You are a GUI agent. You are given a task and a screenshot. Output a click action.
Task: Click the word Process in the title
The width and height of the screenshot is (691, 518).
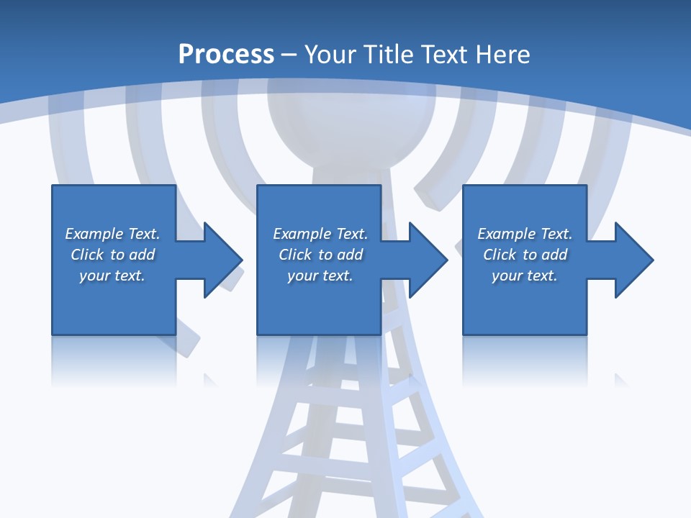point(226,54)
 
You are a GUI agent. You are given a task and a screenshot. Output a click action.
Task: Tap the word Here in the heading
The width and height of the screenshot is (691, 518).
point(504,54)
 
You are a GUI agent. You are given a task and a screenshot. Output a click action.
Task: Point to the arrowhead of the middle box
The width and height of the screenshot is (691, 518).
point(427,260)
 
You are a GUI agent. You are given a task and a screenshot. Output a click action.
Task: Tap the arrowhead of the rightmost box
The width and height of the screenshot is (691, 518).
point(633,260)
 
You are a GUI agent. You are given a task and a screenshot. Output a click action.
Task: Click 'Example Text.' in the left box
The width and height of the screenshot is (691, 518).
point(112,234)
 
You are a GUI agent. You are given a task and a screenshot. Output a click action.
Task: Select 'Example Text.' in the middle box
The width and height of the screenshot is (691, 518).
point(320,234)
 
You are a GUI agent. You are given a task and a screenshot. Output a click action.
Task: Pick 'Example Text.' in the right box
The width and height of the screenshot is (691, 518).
point(525,234)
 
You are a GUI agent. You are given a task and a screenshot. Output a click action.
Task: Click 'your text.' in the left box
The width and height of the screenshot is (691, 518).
point(112,276)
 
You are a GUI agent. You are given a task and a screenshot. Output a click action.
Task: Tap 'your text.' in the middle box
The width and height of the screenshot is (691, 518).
point(320,276)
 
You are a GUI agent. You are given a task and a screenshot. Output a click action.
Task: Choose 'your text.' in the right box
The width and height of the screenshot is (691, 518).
point(525,276)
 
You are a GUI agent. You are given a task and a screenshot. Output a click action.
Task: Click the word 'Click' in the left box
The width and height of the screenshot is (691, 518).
point(87,255)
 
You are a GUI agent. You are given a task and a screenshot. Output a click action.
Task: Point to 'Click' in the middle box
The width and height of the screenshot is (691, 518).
point(295,255)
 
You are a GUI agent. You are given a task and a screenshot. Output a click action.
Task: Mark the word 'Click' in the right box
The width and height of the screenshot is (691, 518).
point(500,255)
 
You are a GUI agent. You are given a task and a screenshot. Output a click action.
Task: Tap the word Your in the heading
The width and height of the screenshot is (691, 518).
point(328,54)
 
